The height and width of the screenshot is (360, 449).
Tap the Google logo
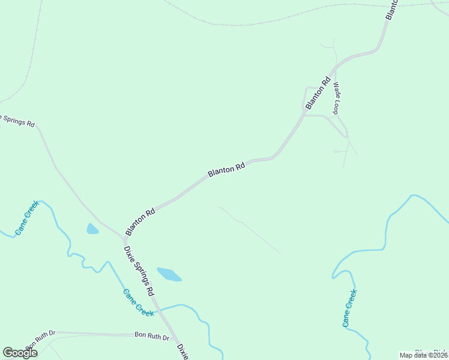click(20, 353)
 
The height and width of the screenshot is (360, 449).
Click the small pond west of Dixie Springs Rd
click(92, 229)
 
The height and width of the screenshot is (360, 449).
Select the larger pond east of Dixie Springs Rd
click(169, 274)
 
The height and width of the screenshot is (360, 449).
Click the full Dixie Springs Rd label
click(139, 271)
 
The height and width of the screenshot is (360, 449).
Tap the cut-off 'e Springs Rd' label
click(17, 120)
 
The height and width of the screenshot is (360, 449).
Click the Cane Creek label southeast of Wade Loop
click(350, 308)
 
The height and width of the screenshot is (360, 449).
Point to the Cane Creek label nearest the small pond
click(27, 217)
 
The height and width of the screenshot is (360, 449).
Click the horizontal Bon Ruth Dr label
click(152, 337)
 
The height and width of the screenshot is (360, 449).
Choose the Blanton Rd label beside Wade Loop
click(318, 93)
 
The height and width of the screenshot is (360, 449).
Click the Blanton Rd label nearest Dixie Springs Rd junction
click(140, 221)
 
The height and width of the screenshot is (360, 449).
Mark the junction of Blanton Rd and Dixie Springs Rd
click(123, 238)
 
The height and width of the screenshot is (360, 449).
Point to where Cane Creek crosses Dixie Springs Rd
click(159, 310)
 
